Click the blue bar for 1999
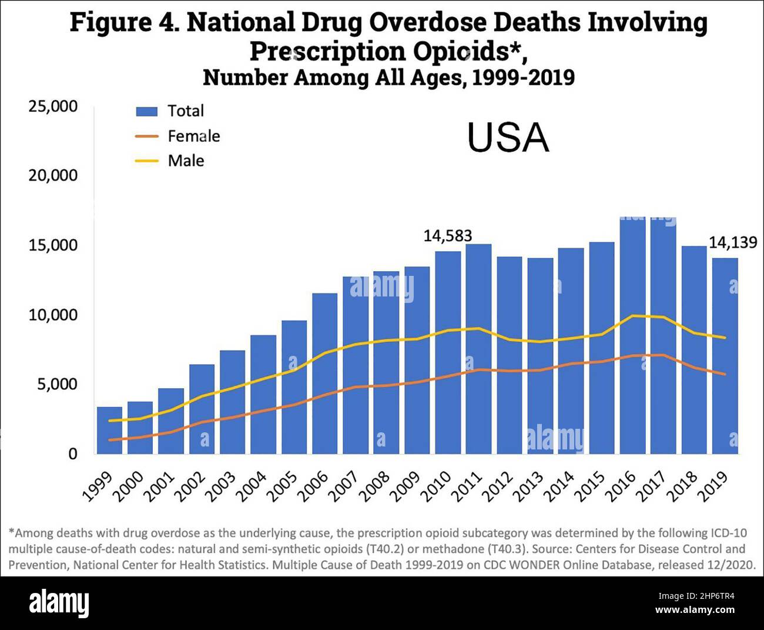point(109,430)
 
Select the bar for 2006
point(324,373)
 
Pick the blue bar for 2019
point(725,355)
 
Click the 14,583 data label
point(448,236)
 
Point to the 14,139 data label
point(732,242)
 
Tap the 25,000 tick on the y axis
point(53,106)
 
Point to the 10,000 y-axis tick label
point(53,315)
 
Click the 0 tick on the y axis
point(72,454)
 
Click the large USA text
point(508,138)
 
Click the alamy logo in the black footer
point(59,603)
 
